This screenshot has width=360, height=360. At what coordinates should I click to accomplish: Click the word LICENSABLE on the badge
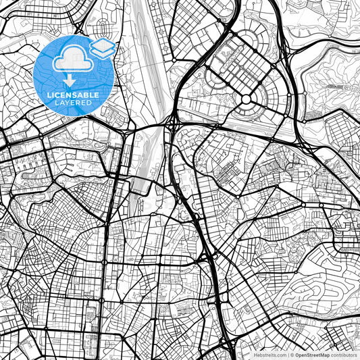pos(72,95)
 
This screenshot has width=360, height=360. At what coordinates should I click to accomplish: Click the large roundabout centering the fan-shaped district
pos(247,99)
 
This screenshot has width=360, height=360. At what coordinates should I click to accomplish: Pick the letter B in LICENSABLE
pos(88,95)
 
